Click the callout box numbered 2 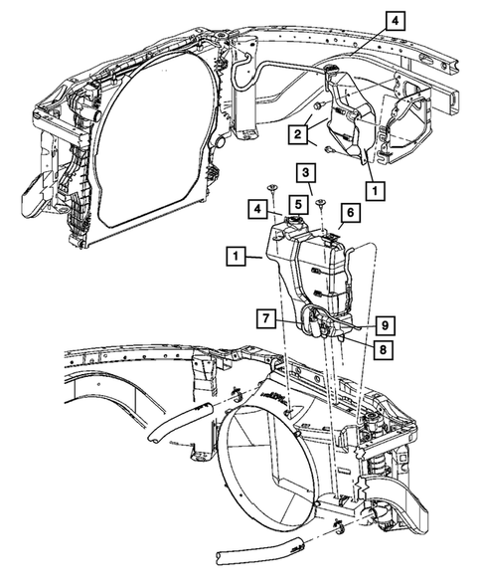(x=297, y=132)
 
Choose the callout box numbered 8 (x=381, y=348)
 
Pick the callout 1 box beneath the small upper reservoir (x=374, y=186)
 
